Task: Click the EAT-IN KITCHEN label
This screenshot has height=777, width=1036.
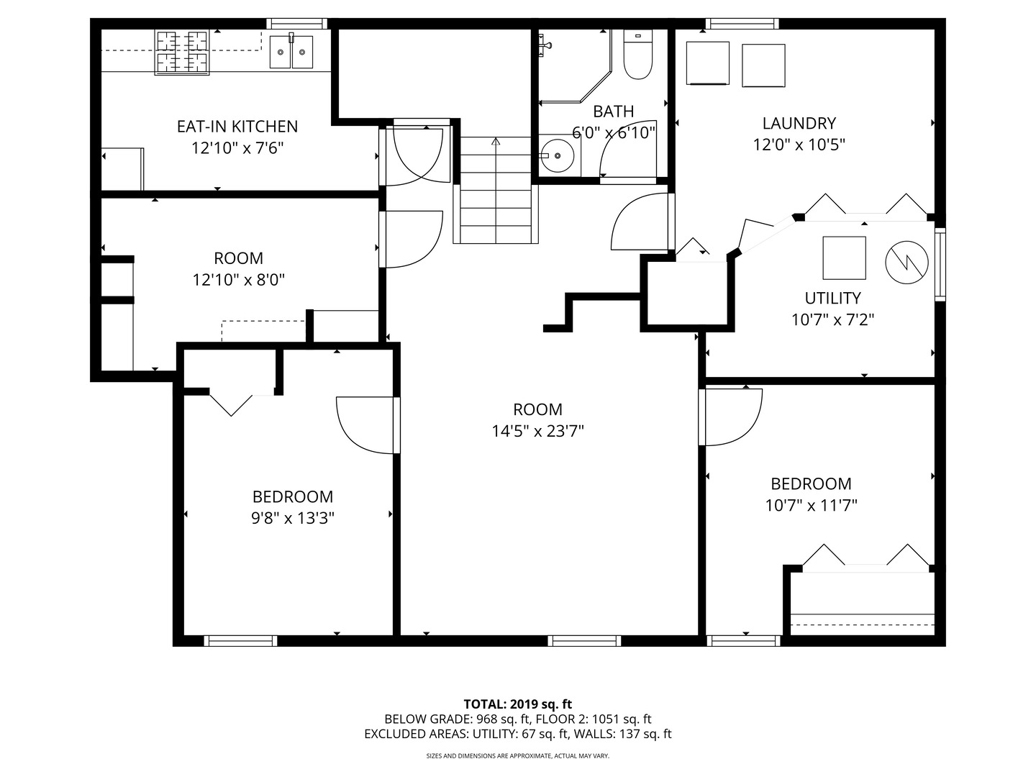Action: tap(237, 127)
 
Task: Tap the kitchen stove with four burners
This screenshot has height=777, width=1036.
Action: tap(182, 53)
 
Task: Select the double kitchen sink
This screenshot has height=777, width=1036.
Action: tap(291, 52)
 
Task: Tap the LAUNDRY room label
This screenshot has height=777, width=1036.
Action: tap(799, 123)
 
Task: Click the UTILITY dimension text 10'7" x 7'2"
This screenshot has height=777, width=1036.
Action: tap(832, 319)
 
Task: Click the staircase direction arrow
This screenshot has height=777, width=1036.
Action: tap(495, 142)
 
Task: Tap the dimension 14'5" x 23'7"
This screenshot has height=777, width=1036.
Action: tap(537, 431)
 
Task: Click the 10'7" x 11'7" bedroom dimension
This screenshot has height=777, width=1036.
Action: tap(811, 506)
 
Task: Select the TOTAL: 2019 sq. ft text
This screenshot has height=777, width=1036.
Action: tap(517, 704)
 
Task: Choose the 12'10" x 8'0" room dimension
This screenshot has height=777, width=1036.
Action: tap(239, 280)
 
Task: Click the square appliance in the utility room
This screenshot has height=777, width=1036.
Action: tap(845, 258)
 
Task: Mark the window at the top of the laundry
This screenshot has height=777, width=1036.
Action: tap(742, 24)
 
